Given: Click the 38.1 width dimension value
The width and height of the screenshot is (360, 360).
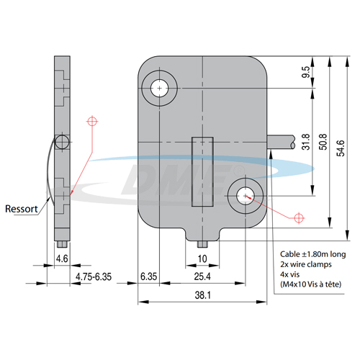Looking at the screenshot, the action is click(x=203, y=295).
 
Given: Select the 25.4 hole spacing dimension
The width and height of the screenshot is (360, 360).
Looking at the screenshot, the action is click(x=202, y=276).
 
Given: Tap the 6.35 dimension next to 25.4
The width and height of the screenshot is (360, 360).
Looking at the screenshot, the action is click(x=148, y=276).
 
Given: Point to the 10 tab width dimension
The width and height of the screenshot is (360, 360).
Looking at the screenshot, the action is click(x=202, y=258).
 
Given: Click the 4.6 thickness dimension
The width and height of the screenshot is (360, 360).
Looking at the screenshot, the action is click(x=62, y=258).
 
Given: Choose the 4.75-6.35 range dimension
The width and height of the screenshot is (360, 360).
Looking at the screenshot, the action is click(x=94, y=276).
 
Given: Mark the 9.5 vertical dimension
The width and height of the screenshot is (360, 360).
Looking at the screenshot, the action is click(x=306, y=72).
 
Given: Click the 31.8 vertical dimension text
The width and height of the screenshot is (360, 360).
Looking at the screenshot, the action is click(x=306, y=142).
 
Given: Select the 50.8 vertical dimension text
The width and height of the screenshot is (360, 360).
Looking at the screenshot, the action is click(x=323, y=142).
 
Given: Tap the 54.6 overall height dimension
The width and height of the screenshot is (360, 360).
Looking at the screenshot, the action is click(x=341, y=148).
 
